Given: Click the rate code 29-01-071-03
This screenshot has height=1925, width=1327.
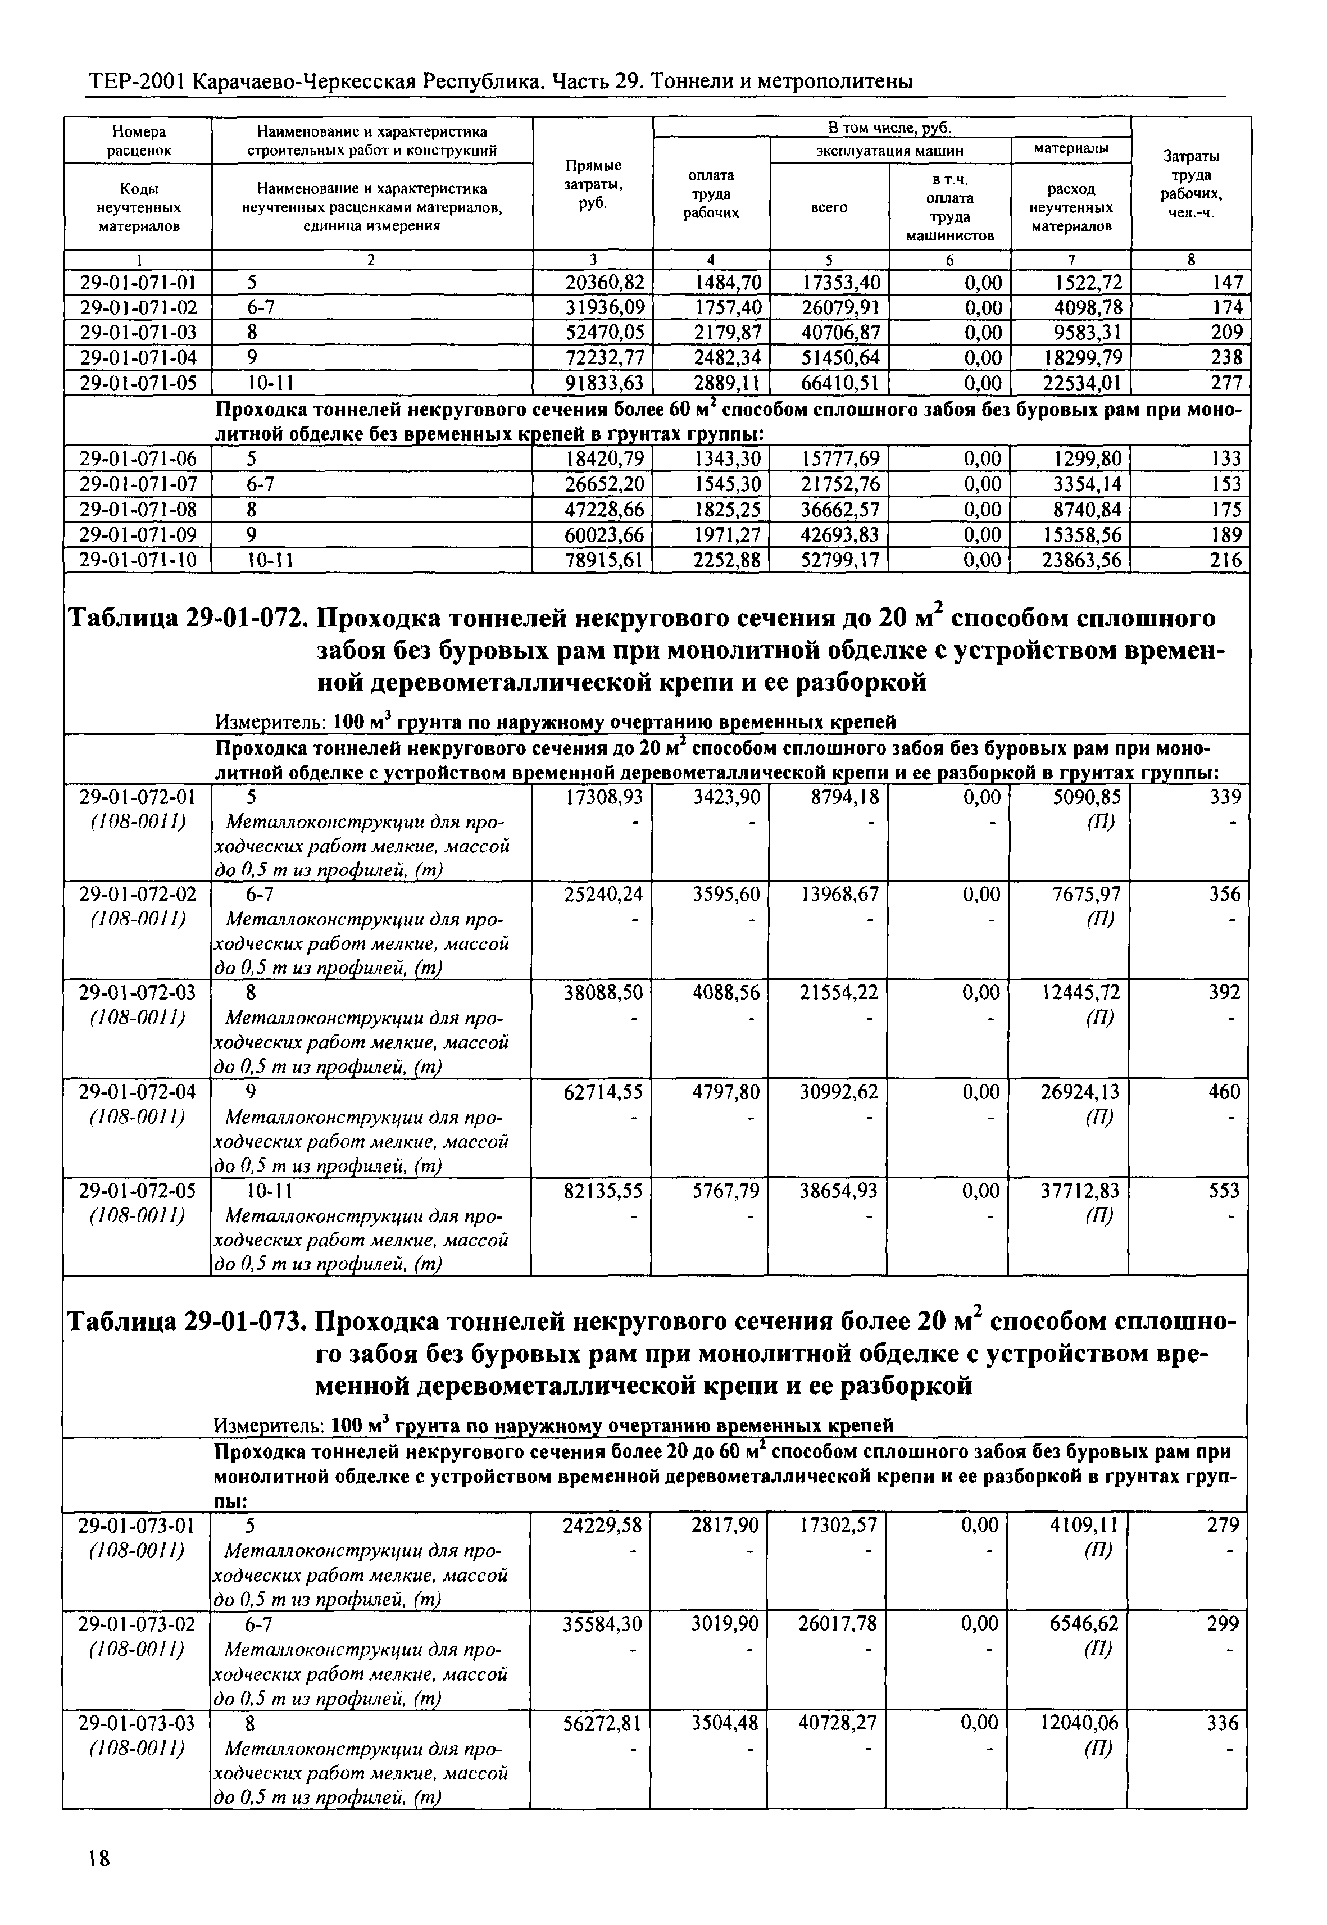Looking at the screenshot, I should (138, 333).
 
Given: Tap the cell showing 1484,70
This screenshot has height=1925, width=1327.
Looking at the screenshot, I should (728, 283).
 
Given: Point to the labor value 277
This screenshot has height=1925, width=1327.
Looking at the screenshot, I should (1227, 383).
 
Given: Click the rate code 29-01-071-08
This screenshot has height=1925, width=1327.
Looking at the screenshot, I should (138, 510).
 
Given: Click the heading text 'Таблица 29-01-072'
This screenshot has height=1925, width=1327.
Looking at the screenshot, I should (187, 620).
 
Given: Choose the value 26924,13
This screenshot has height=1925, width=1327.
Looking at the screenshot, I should (1080, 1092).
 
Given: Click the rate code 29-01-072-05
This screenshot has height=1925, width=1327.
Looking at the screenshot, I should (138, 1192).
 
